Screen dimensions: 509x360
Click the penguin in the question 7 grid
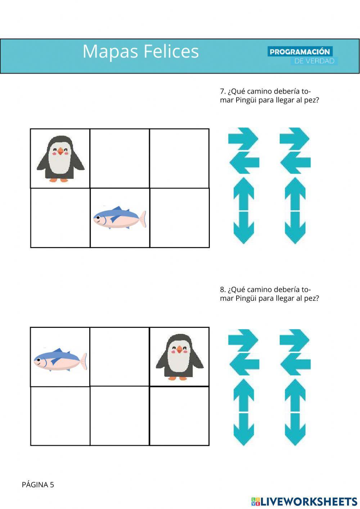click(x=60, y=158)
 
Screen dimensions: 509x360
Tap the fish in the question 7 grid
click(x=119, y=218)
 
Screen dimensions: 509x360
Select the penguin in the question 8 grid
click(x=180, y=357)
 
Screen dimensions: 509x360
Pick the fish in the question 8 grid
click(x=60, y=360)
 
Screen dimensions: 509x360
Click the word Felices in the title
click(x=171, y=51)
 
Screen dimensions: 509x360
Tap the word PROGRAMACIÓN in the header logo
click(x=300, y=52)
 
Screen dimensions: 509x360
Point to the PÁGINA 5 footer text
click(x=38, y=485)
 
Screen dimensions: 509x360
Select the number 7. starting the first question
click(x=223, y=91)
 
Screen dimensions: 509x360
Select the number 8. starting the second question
click(x=223, y=289)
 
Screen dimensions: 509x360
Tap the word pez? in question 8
click(x=311, y=298)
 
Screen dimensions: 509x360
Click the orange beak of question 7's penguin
click(x=60, y=151)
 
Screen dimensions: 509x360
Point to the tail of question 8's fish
click(x=83, y=361)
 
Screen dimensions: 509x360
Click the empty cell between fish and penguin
click(x=120, y=357)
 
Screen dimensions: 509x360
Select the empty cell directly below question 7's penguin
click(x=60, y=218)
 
